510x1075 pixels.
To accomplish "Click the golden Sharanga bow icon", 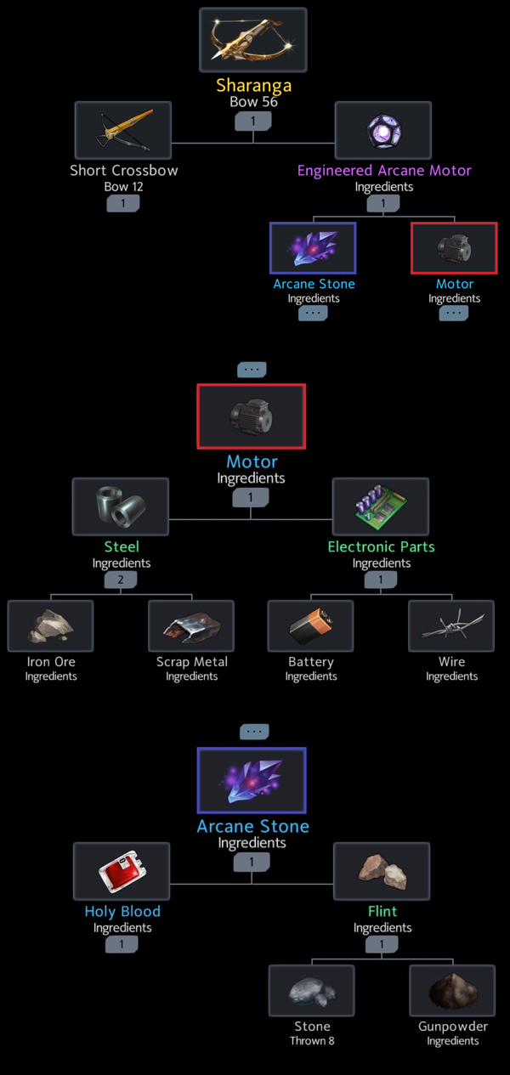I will coord(252,40).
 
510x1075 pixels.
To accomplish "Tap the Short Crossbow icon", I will coord(123,130).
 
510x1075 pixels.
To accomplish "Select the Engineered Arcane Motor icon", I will coord(382,130).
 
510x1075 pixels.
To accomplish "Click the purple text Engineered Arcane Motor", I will coord(384,170).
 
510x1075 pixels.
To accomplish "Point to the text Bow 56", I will coord(252,101).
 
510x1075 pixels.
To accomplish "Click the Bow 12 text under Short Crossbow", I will coord(123,186).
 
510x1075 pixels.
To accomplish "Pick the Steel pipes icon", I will coord(121,506).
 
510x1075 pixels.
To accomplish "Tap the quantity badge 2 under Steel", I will coord(122,580).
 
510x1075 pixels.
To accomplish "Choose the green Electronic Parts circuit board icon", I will coord(381,506).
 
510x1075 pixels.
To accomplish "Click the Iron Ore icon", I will coord(50,626).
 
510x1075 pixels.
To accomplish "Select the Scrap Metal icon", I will coord(191,626).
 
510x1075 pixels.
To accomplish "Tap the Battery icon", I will coord(310,626).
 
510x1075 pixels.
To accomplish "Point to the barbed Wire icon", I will coord(451,626).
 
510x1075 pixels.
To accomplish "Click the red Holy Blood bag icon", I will coord(122,871).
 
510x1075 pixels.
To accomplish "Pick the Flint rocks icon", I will coord(382,871).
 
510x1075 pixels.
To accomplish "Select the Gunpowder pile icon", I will coord(452,991).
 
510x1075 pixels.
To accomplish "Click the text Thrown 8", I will coord(312,1041).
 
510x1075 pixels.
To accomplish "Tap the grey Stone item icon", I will coord(312,991).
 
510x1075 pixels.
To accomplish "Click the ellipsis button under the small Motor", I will coord(454,313).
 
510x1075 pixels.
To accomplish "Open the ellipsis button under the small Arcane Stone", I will coord(313,313).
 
